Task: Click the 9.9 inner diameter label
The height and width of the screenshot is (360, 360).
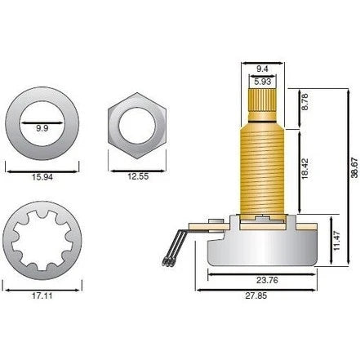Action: tap(42, 128)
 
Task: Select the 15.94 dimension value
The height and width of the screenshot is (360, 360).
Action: tap(42, 177)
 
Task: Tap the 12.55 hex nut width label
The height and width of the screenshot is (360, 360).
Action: tap(138, 176)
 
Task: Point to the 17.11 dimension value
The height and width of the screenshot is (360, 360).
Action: tap(42, 296)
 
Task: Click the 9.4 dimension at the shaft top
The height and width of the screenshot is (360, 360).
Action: tap(262, 69)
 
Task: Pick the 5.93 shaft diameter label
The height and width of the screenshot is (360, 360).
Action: tap(262, 82)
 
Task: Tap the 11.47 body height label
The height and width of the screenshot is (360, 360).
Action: tap(337, 241)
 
